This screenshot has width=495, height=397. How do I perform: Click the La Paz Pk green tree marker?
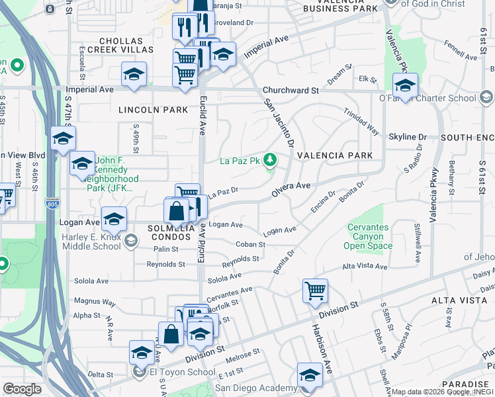(x=270, y=159)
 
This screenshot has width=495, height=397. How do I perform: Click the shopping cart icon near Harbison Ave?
(x=315, y=291)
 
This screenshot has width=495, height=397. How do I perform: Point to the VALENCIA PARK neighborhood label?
(x=330, y=155)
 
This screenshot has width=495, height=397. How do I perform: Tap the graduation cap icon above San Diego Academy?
(x=309, y=375)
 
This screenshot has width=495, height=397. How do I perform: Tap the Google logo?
(x=22, y=389)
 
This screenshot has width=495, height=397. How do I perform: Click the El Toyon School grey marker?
(x=138, y=372)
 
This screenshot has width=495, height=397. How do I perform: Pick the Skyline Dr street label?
(x=407, y=137)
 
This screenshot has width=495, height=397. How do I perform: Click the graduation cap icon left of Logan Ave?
(x=114, y=218)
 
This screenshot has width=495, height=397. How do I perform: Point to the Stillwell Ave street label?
(x=417, y=244)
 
